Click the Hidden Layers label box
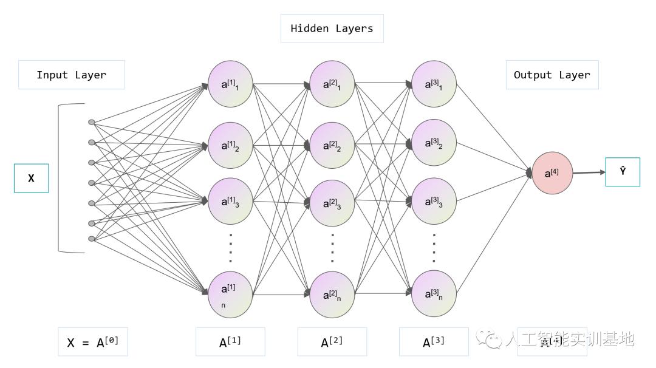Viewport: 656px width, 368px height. point(332,29)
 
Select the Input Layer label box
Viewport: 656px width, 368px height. point(72,75)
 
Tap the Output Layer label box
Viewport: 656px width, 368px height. point(552,75)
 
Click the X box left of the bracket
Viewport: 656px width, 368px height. point(31,179)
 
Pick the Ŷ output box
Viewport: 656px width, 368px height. point(623,172)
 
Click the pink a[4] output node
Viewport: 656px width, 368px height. point(553,174)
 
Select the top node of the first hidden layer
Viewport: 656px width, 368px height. point(230,84)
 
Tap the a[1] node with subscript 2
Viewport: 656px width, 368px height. point(230,145)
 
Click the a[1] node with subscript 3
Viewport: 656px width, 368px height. point(230,201)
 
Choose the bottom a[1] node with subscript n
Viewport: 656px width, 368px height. point(230,295)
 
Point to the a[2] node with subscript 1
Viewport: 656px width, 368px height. point(332,84)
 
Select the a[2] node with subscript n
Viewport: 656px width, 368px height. point(332,295)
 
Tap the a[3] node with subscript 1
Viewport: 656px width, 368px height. point(434,84)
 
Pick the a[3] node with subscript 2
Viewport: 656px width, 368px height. point(434,143)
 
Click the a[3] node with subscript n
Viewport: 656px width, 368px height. point(434,295)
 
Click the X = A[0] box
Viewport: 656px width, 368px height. point(93,342)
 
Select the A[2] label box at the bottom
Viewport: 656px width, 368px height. point(332,342)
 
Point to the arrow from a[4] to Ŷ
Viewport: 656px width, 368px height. point(589,172)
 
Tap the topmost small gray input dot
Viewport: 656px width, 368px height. point(92,122)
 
